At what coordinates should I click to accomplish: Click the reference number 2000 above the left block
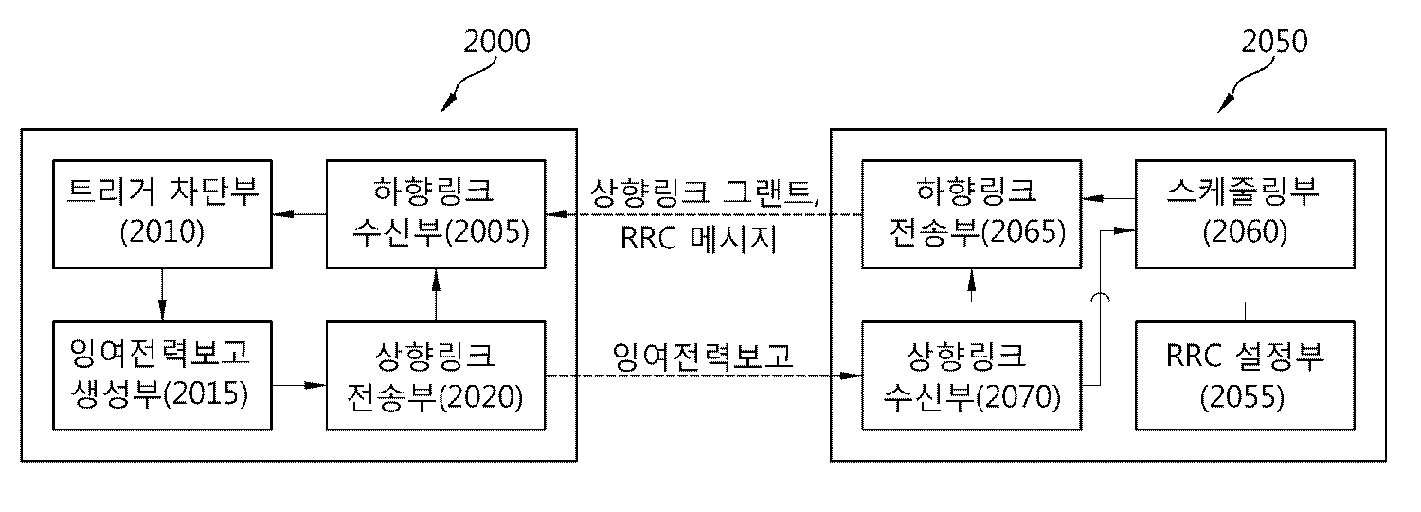click(496, 42)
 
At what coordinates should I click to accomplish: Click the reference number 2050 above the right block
click(1273, 42)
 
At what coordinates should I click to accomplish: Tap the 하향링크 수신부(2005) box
click(437, 215)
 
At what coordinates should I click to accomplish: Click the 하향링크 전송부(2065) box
click(972, 215)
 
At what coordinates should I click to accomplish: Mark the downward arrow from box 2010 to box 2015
click(162, 295)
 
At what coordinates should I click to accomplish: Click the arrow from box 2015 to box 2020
click(299, 386)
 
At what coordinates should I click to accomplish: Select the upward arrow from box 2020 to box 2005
click(435, 295)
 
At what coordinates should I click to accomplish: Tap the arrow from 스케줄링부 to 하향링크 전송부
click(1109, 199)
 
